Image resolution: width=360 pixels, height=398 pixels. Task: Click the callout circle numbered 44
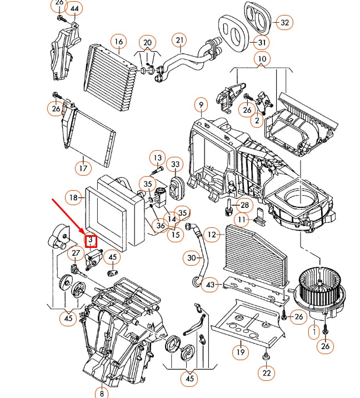point(74,8)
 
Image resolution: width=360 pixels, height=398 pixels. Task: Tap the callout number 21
point(179,40)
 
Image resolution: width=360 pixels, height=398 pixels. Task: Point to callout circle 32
point(285,23)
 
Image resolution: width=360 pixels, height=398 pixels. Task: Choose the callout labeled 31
point(262,42)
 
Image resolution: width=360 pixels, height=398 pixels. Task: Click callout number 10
point(262,59)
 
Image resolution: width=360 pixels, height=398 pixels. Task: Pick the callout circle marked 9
point(200,105)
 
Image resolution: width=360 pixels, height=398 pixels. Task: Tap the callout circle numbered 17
point(82,167)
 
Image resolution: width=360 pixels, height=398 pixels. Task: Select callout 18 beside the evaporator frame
point(73,197)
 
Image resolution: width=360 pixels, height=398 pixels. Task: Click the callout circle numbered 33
point(176,165)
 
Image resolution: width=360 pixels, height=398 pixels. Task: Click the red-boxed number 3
point(90,240)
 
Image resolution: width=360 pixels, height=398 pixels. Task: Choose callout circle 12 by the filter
point(211,235)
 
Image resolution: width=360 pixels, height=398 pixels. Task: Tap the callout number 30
point(192,258)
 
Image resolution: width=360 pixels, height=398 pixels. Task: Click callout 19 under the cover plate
point(239,351)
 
